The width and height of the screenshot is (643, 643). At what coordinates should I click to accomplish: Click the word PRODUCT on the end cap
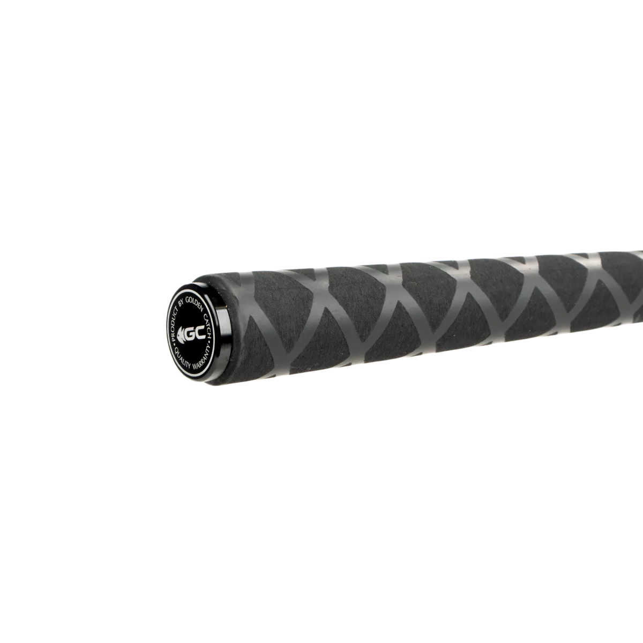[175, 324]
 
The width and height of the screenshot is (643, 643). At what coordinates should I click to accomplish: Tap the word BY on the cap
[181, 303]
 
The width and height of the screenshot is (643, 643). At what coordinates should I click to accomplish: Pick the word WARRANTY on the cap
[202, 357]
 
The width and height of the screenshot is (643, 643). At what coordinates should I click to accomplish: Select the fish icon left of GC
[181, 334]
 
